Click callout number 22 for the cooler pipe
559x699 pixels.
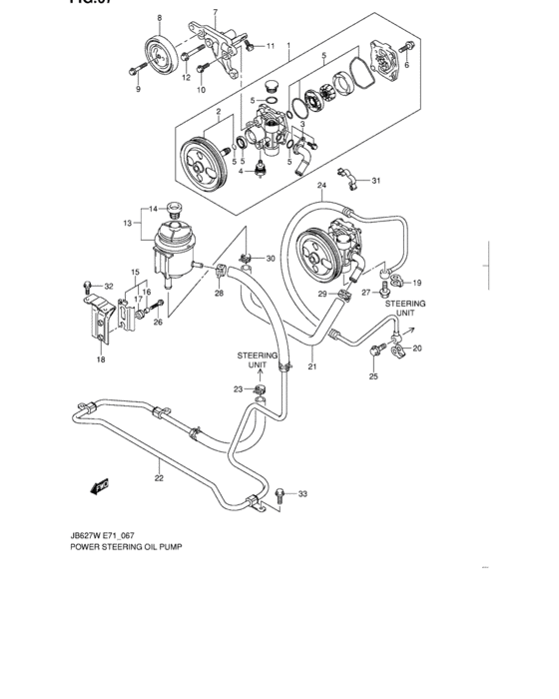[x=159, y=478]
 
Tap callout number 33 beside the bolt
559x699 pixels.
[x=303, y=494]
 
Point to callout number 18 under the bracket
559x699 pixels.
[x=101, y=359]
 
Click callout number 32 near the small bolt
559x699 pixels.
[x=110, y=287]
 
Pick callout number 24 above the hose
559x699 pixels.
[x=322, y=186]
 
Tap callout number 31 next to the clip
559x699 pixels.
[x=375, y=180]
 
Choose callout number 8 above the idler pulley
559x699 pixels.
[x=159, y=19]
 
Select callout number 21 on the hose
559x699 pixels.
[x=312, y=366]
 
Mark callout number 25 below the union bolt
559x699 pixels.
[x=373, y=376]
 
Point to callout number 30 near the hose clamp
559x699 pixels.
[x=271, y=259]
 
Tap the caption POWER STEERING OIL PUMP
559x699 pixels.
[x=126, y=548]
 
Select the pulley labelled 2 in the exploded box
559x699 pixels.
[x=205, y=163]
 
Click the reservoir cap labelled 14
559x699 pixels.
[x=175, y=210]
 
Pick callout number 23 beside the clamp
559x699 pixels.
[x=238, y=389]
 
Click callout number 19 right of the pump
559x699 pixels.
[x=417, y=283]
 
